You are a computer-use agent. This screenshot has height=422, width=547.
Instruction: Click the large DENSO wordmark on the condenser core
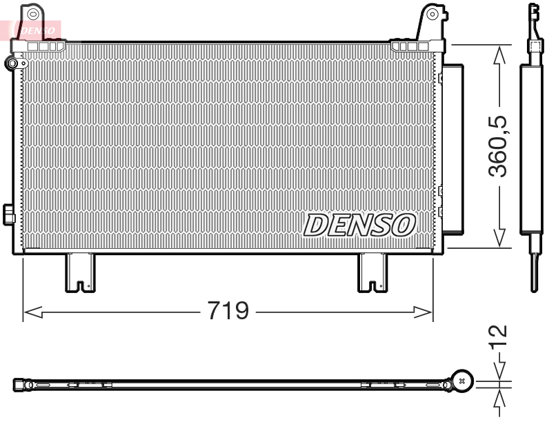359,225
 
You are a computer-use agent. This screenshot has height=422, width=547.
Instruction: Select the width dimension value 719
228,311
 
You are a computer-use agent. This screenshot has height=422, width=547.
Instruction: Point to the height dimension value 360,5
498,145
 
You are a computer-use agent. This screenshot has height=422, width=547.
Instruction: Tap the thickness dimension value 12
498,335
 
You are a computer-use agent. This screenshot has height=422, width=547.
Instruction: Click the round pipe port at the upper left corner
12,64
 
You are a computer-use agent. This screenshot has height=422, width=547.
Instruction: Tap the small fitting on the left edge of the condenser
8,214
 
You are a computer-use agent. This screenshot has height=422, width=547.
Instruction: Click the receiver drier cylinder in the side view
533,148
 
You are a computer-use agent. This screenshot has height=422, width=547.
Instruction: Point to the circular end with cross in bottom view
461,380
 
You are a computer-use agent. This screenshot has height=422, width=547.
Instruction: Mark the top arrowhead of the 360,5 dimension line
498,52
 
